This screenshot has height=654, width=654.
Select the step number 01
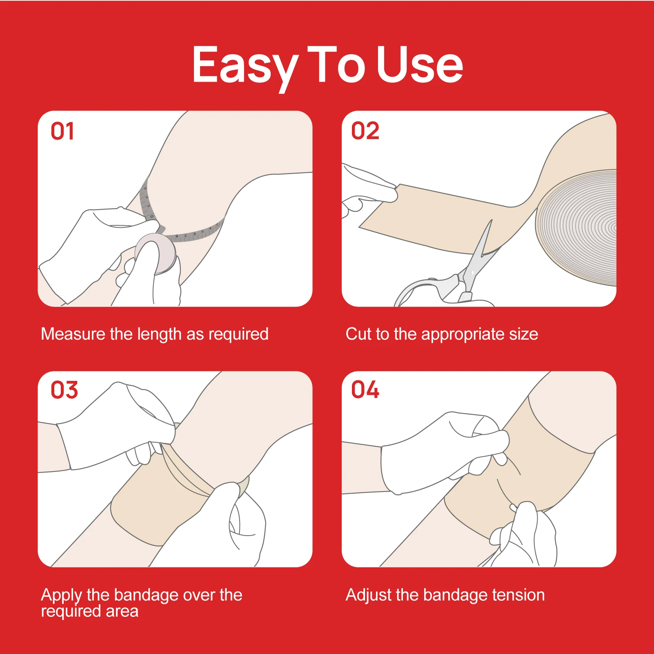62,131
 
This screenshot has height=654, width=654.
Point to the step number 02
365,131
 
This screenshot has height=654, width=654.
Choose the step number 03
64,390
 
